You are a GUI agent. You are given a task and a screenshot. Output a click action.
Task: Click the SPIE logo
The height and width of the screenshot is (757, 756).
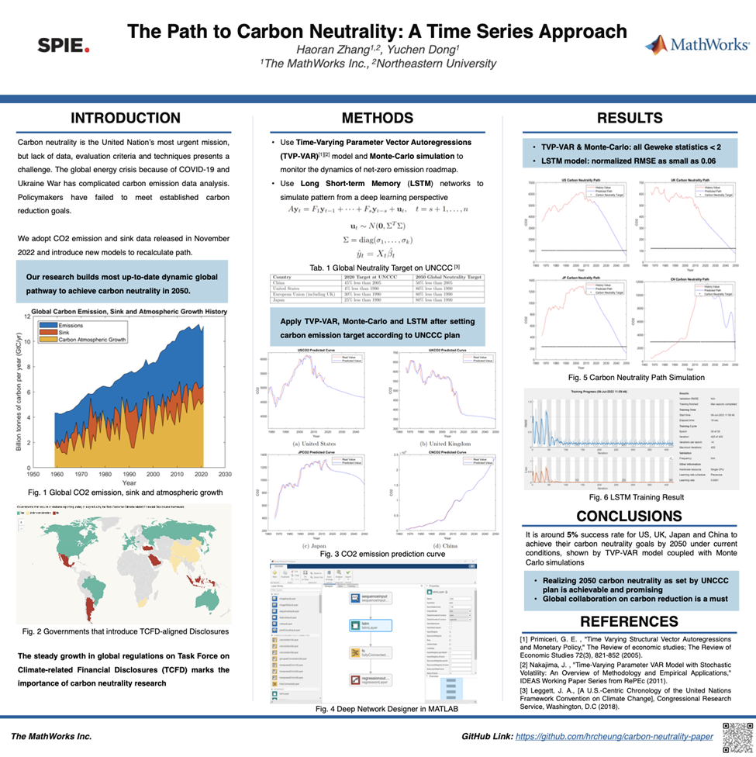64,46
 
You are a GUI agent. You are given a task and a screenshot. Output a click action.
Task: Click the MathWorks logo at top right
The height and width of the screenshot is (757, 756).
696,45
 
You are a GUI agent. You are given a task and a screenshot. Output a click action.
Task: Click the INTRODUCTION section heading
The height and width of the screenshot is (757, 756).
126,119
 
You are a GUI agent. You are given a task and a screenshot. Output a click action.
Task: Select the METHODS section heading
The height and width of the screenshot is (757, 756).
378,119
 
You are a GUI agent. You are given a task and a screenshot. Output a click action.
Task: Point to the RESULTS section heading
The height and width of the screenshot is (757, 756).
630,119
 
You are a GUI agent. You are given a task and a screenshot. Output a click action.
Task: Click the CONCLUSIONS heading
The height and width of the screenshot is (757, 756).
630,516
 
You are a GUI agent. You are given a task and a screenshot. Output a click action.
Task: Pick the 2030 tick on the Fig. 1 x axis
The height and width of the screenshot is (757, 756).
225,473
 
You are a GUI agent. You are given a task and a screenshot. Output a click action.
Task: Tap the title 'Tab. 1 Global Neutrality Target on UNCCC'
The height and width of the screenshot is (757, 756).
375,268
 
